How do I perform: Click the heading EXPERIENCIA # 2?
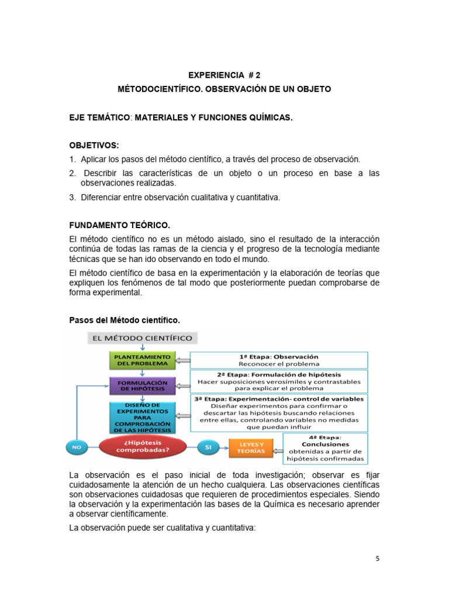(x=224, y=75)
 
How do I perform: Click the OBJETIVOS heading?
(x=94, y=145)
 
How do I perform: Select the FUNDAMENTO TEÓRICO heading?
(x=119, y=225)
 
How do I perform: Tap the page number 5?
(x=377, y=558)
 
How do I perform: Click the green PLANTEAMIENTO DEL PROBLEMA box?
(x=142, y=360)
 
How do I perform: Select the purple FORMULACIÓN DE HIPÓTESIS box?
(x=142, y=386)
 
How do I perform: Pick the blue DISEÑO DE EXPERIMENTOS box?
(x=142, y=416)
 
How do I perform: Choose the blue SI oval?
(x=208, y=447)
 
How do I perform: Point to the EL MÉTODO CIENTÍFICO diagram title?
(x=143, y=338)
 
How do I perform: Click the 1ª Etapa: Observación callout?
(x=279, y=360)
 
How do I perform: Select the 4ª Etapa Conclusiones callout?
(x=325, y=448)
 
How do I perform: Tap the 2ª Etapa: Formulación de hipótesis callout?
(x=279, y=381)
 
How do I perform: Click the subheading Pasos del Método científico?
(x=125, y=320)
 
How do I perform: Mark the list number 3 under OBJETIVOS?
(x=72, y=198)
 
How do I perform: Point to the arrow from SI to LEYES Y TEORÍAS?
(x=224, y=447)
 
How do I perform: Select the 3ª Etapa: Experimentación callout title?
(x=278, y=398)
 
